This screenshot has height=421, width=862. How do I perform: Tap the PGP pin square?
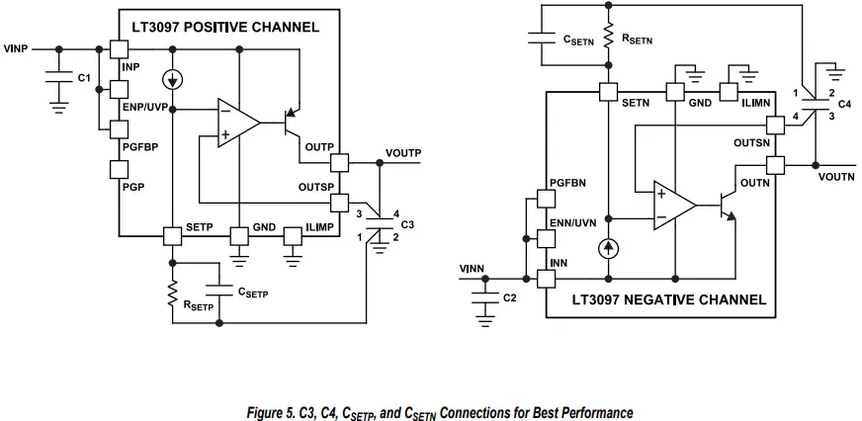pyautogui.click(x=119, y=170)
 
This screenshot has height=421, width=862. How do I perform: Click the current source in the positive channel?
pyautogui.click(x=174, y=79)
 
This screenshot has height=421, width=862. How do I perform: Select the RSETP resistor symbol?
pyautogui.click(x=174, y=294)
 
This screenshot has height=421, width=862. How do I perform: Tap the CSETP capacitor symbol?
pyautogui.click(x=219, y=293)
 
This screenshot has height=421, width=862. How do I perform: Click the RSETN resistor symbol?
pyautogui.click(x=609, y=40)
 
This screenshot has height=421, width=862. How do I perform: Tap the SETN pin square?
pyautogui.click(x=609, y=92)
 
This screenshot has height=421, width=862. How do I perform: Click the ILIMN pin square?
pyautogui.click(x=728, y=92)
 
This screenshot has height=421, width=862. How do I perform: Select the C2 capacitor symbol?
pyautogui.click(x=484, y=297)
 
